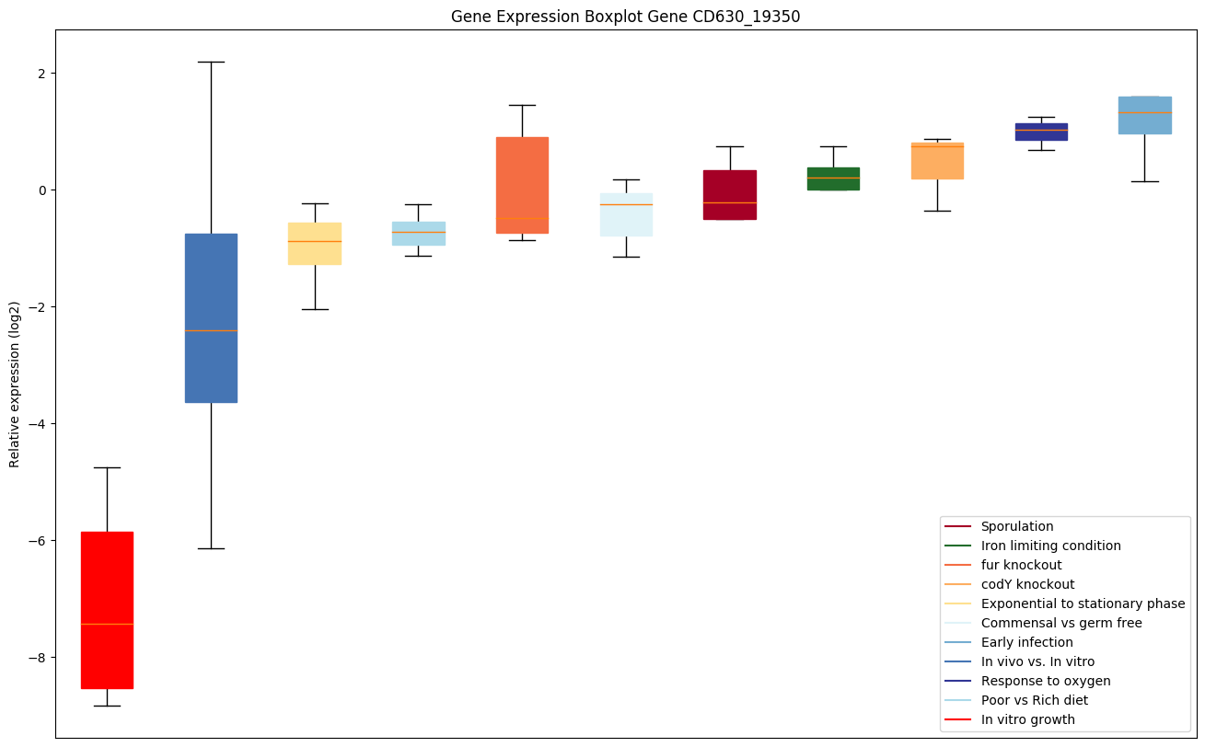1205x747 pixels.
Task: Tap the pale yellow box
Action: coord(315,243)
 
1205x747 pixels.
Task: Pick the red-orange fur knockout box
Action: coord(522,185)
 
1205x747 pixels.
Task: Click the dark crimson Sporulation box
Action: coord(730,194)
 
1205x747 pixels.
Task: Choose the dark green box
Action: coord(833,178)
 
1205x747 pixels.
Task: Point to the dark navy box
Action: coord(1041,132)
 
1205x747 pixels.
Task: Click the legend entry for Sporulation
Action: coord(1016,526)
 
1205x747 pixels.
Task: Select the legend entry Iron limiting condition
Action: coord(1050,546)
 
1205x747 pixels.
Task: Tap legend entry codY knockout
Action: coord(1027,584)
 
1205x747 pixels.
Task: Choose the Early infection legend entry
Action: coord(1026,642)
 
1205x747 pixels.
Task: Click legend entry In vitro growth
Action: coord(1027,719)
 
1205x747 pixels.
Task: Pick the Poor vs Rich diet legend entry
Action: coord(1034,700)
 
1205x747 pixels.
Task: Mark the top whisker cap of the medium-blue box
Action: coord(211,62)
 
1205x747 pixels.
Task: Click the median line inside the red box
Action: coord(107,624)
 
